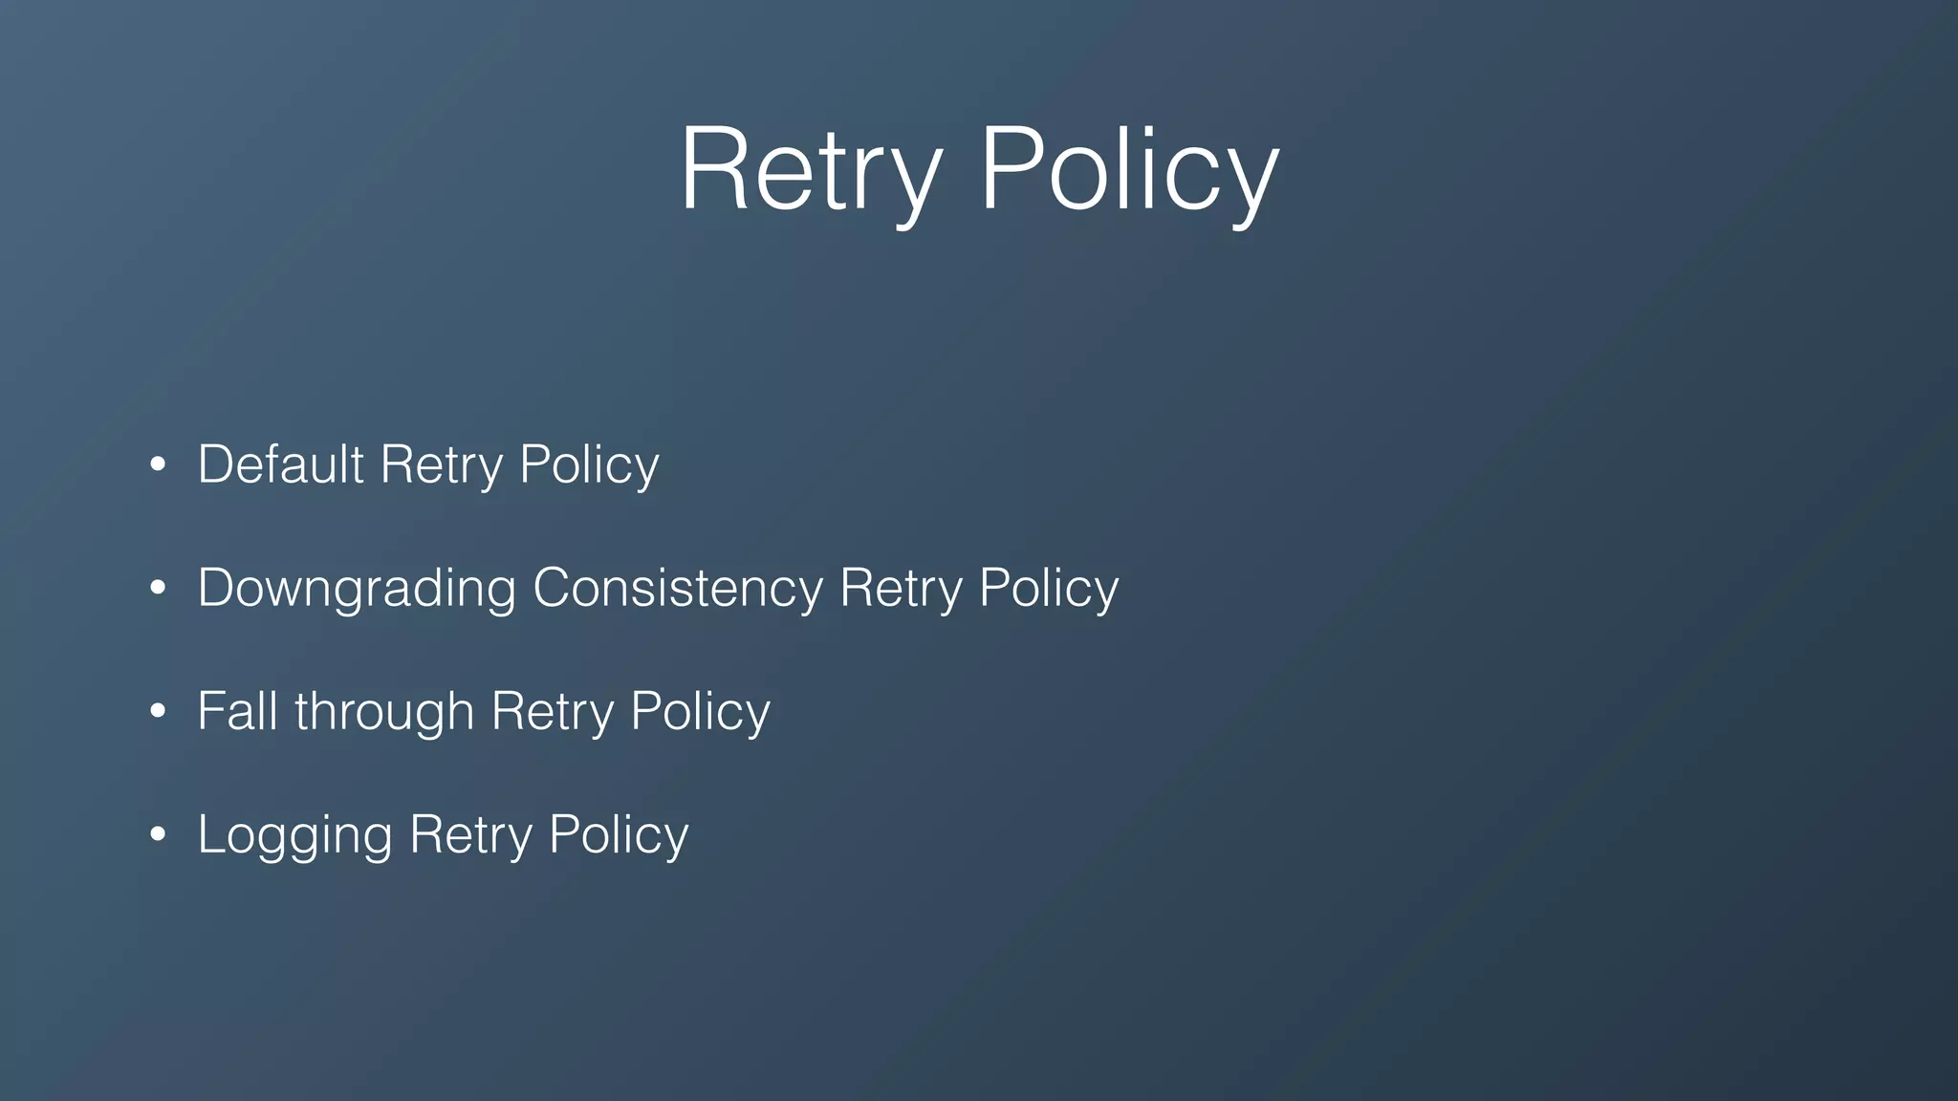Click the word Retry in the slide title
pyautogui.click(x=811, y=170)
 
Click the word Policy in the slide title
pyautogui.click(x=1129, y=170)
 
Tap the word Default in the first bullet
pyautogui.click(x=280, y=464)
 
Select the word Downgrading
pyautogui.click(x=357, y=588)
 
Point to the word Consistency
pyautogui.click(x=677, y=588)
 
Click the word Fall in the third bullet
pyautogui.click(x=238, y=711)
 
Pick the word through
pyautogui.click(x=384, y=713)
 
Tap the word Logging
pyautogui.click(x=294, y=835)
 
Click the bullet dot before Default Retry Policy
pyautogui.click(x=159, y=465)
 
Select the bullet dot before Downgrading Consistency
pyautogui.click(x=159, y=589)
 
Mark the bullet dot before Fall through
pyautogui.click(x=159, y=712)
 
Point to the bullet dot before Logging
pyautogui.click(x=159, y=834)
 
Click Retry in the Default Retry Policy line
pyautogui.click(x=441, y=466)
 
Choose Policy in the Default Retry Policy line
pyautogui.click(x=589, y=466)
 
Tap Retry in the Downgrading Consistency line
pyautogui.click(x=901, y=590)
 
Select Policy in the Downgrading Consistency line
pyautogui.click(x=1049, y=590)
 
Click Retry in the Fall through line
pyautogui.click(x=552, y=713)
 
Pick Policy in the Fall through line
pyautogui.click(x=700, y=713)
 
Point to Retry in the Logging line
pyautogui.click(x=470, y=836)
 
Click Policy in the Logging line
pyautogui.click(x=619, y=836)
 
